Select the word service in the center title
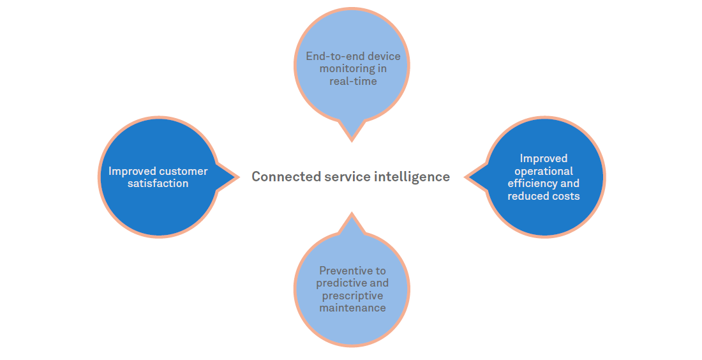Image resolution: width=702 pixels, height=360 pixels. pos(345,177)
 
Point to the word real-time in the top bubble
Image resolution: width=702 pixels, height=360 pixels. pos(353,81)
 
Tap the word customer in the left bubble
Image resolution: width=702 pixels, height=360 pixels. pos(183,171)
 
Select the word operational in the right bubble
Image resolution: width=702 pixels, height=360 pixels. pos(544,171)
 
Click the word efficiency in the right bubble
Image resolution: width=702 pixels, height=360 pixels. pos(531,184)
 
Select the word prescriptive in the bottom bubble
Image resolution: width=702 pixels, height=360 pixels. pos(352,296)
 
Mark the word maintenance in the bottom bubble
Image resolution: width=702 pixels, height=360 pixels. pos(352,308)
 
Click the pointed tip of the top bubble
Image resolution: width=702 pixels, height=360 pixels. pos(352,140)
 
